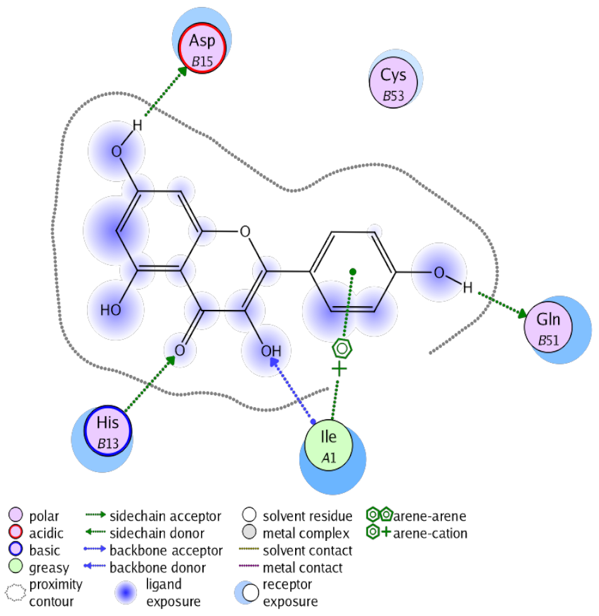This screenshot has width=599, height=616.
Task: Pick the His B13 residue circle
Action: pos(108,430)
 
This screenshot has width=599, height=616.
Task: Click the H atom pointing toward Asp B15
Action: pos(137,126)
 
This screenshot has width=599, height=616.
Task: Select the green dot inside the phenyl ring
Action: pos(352,271)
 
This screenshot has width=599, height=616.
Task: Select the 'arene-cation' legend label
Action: pos(430,533)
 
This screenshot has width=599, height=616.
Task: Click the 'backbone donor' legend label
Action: pos(158,567)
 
